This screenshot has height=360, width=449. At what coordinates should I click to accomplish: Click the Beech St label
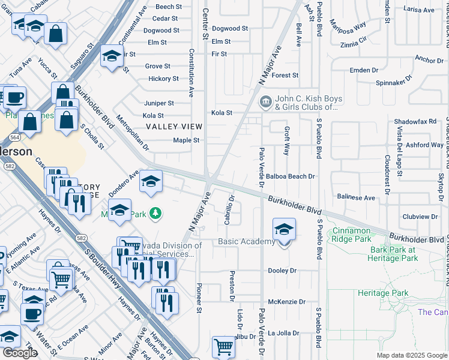click(164, 7)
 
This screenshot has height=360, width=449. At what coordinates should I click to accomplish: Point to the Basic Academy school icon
click(284, 229)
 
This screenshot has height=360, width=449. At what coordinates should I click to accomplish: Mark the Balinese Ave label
click(356, 197)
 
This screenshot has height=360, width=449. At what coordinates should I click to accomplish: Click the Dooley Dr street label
click(282, 271)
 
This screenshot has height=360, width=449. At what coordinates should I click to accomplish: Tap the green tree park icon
click(155, 213)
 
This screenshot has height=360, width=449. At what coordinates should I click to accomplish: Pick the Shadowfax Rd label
click(415, 122)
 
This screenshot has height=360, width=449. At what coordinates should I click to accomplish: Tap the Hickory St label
click(163, 79)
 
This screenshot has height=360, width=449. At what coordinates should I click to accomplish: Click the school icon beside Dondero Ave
click(151, 181)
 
